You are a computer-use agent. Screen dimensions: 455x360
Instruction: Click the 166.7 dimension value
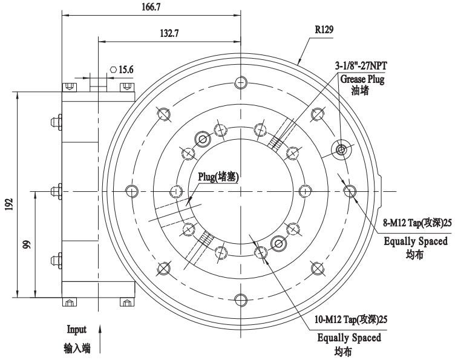tap(151, 7)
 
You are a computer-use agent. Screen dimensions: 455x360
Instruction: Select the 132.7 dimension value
tap(169, 33)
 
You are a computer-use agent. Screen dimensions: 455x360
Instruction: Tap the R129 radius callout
tap(324, 29)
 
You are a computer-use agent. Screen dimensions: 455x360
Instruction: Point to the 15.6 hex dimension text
tap(126, 70)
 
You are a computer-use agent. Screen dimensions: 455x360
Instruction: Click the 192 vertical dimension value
tap(9, 204)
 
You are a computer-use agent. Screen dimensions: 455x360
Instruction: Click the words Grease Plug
tap(362, 79)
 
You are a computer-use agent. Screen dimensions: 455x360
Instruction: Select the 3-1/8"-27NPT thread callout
tap(361, 66)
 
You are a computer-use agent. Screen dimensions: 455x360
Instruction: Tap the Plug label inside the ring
tap(218, 177)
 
